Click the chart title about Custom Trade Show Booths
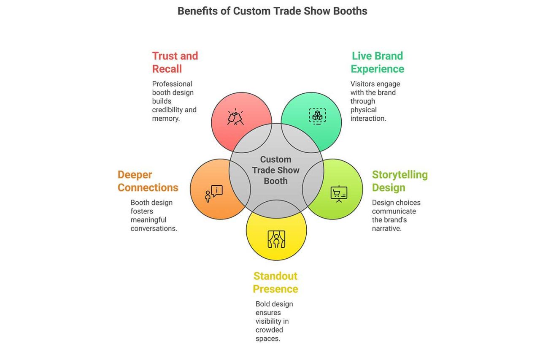point(272,11)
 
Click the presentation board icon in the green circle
point(339,194)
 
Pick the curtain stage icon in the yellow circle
point(276,239)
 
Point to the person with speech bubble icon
point(213,193)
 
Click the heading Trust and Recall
point(175,62)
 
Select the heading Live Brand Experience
point(377,62)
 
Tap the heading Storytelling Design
point(400,181)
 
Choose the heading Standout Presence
point(275,282)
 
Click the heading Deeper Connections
point(148,181)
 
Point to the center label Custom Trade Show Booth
point(275,170)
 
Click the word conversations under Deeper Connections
point(154,229)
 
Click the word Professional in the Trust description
point(172,84)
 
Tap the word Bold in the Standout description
point(263,304)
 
